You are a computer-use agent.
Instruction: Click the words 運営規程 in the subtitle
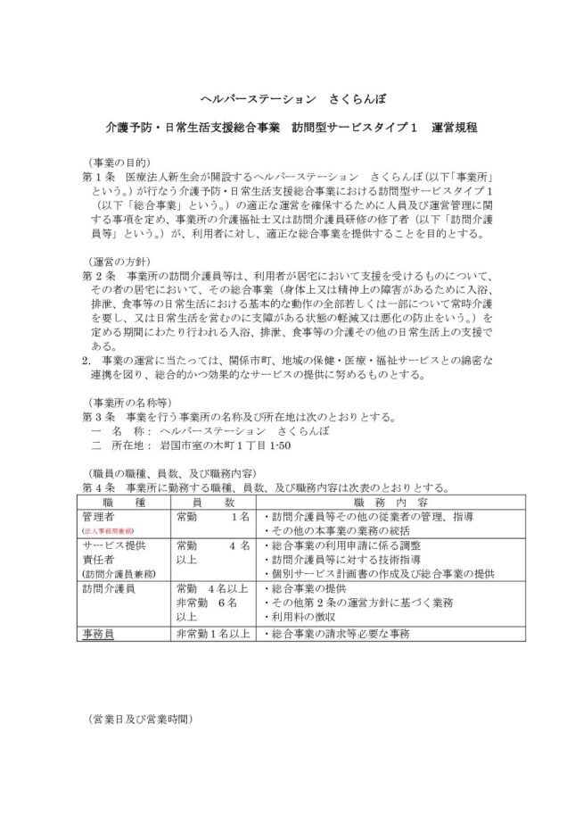click(454, 128)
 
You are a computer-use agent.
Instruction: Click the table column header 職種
click(119, 502)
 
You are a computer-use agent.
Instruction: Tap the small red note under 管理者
click(108, 530)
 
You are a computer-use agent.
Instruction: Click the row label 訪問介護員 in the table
click(110, 588)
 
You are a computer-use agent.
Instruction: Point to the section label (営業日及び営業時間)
click(141, 717)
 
